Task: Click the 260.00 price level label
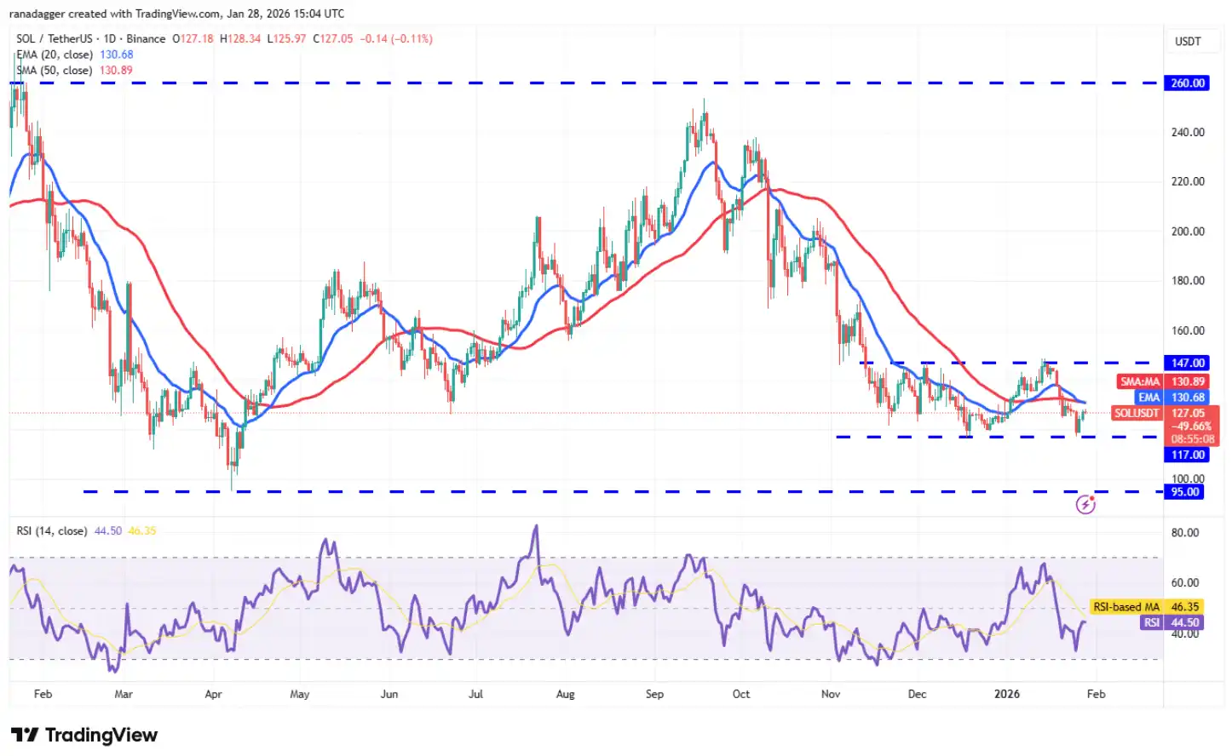click(1187, 83)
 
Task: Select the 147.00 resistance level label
click(1187, 364)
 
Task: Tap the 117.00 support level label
click(1187, 455)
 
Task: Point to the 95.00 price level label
click(1185, 492)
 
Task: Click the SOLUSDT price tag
click(1137, 414)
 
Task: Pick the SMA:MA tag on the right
click(1140, 382)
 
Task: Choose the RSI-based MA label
click(1126, 607)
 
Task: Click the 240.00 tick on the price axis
click(1188, 132)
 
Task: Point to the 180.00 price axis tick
click(1188, 281)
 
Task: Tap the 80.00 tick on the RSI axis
click(1185, 533)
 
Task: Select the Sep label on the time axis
click(654, 694)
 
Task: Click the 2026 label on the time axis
click(1007, 694)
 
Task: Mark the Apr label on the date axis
click(213, 694)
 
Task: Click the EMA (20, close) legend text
click(55, 54)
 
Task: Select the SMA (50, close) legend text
click(55, 71)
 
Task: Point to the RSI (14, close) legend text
click(51, 531)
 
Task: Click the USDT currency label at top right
click(1188, 41)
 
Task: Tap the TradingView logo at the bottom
click(84, 735)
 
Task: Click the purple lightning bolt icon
click(1085, 505)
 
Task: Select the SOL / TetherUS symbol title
click(55, 39)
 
